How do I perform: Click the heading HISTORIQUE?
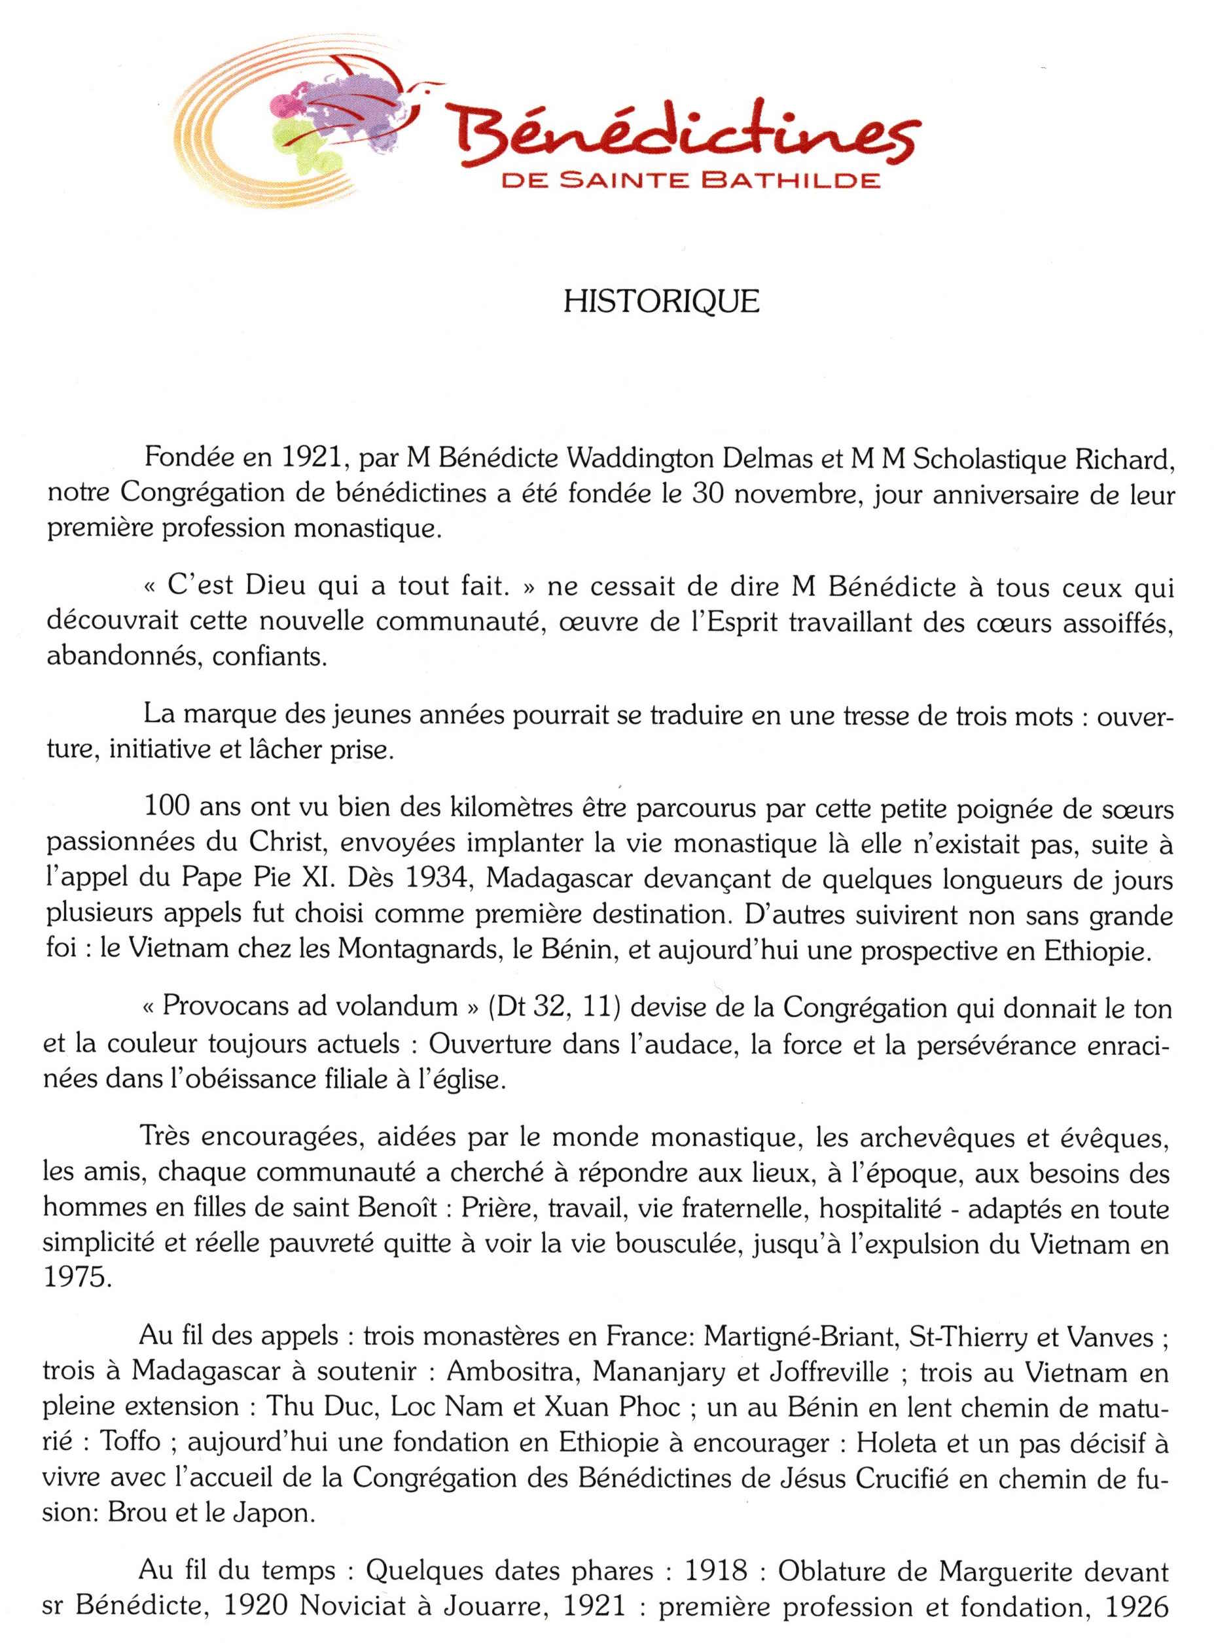tap(660, 302)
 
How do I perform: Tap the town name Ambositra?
tap(510, 1372)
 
